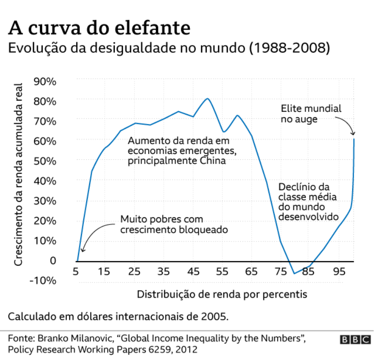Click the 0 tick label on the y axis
pos(53,261)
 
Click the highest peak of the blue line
pos(207,99)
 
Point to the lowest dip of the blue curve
pos(294,273)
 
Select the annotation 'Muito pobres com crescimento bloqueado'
pos(174,225)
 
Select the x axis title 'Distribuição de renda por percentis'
pos(222,294)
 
